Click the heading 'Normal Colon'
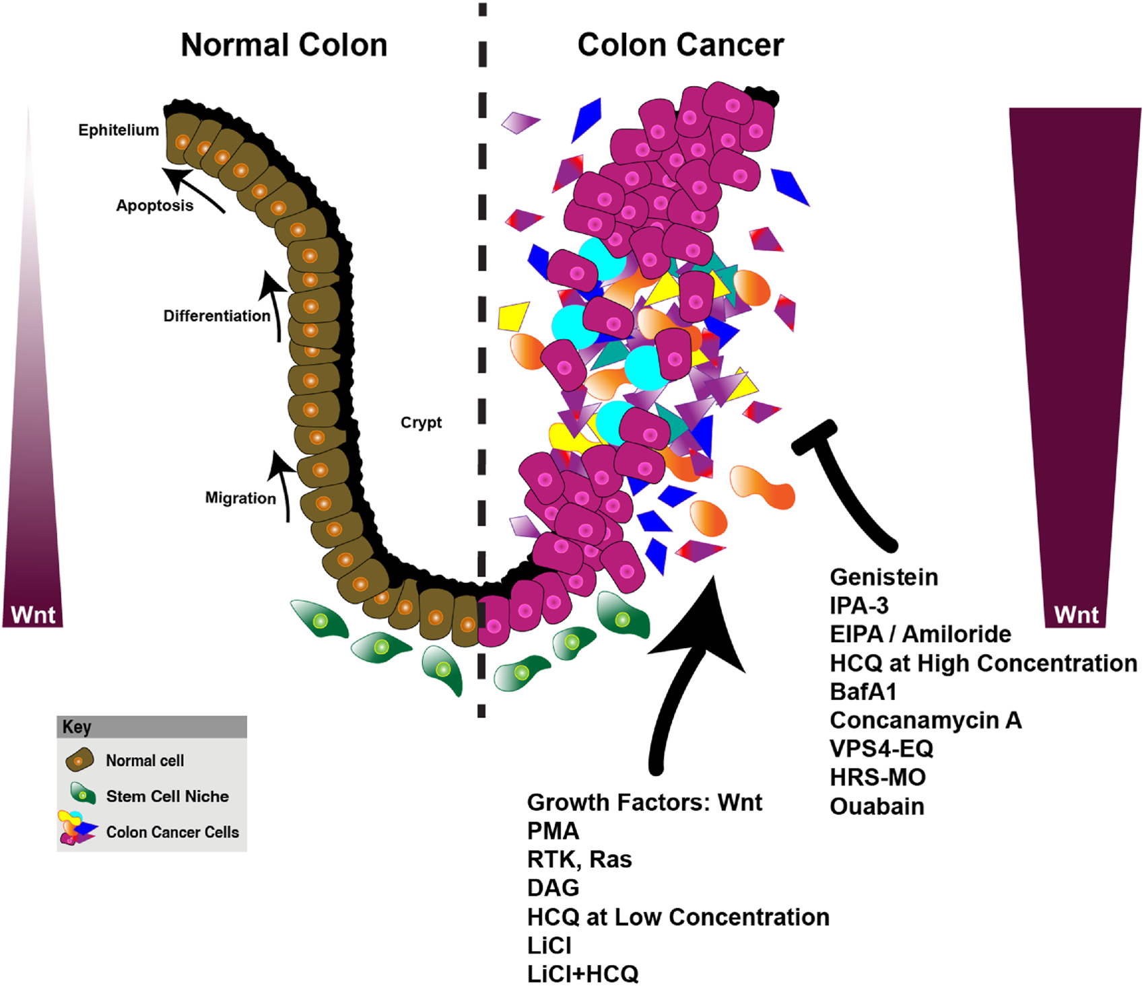click(284, 46)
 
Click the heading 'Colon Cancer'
click(680, 46)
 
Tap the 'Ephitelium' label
click(119, 130)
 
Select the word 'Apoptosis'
click(154, 205)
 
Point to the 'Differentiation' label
click(216, 316)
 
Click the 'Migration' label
click(240, 498)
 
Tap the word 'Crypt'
click(421, 423)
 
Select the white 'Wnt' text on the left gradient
click(33, 614)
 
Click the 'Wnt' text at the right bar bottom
click(1076, 614)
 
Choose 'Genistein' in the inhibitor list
click(883, 577)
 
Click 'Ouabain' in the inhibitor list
click(877, 806)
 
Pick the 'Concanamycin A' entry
click(925, 720)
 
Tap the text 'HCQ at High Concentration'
click(983, 663)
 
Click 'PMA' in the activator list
click(553, 831)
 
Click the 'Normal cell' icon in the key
click(79, 760)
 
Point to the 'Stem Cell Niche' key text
click(167, 796)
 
